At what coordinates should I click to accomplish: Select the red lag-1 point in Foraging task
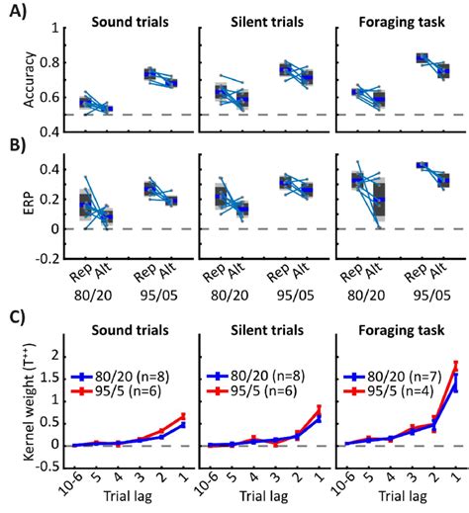pos(455,364)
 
